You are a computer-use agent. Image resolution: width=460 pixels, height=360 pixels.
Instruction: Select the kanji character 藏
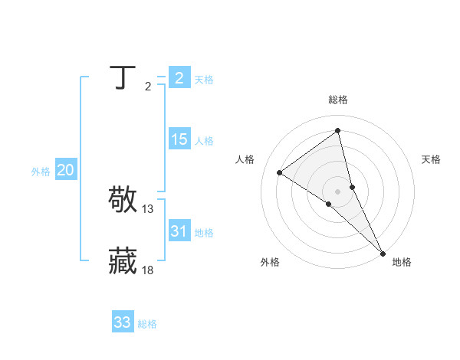[123, 260]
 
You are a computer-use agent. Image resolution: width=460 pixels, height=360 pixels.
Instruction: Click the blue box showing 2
[179, 77]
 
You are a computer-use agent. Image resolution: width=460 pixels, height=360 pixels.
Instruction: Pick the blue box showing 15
[179, 139]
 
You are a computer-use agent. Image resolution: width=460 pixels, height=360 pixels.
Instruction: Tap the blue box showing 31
[179, 231]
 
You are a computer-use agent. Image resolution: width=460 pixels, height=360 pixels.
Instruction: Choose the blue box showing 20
[65, 170]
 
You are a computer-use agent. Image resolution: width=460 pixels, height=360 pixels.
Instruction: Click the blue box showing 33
[122, 322]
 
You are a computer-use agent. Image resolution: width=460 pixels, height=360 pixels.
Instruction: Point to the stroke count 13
[148, 208]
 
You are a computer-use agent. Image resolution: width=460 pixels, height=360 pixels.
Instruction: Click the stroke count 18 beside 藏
[148, 270]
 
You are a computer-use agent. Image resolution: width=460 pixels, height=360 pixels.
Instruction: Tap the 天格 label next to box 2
[204, 79]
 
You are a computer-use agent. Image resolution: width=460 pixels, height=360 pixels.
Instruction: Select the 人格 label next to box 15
[204, 141]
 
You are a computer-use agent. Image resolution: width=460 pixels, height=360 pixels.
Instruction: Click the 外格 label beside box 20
[41, 172]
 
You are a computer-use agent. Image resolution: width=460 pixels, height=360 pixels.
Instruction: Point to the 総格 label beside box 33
[147, 324]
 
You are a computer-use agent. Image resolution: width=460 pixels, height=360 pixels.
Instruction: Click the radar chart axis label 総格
[338, 100]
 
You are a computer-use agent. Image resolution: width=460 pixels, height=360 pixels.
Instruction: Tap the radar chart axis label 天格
[431, 159]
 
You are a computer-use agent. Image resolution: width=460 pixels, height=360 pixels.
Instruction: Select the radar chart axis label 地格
[402, 262]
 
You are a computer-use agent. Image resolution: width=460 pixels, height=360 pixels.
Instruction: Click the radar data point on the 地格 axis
[383, 253]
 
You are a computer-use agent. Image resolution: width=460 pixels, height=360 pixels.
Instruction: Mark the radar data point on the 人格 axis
[279, 172]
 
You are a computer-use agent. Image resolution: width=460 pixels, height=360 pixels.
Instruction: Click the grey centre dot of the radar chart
[337, 191]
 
